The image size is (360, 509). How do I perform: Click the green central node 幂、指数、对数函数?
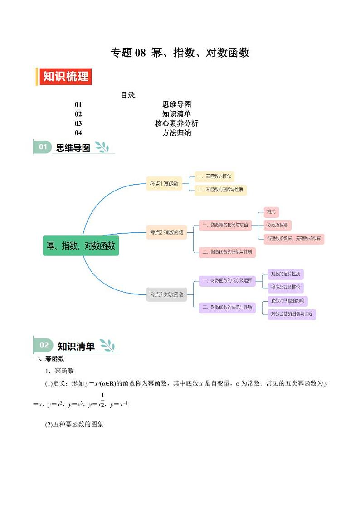click(x=81, y=245)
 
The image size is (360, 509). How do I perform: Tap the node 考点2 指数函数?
click(x=166, y=232)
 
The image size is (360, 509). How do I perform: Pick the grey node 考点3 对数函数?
click(x=166, y=294)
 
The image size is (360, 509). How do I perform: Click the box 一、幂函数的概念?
click(x=214, y=176)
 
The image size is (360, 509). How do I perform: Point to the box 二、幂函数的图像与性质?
click(x=220, y=190)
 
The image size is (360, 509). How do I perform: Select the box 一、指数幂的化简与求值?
click(x=225, y=225)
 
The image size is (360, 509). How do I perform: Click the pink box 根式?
click(x=271, y=212)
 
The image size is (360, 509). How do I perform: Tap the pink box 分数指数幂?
click(x=277, y=225)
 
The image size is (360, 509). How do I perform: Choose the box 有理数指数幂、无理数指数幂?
click(x=294, y=238)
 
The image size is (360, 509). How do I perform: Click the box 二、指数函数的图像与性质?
click(x=227, y=252)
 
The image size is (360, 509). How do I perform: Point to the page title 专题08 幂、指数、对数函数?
click(x=180, y=53)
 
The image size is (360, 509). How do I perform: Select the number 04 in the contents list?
click(x=78, y=133)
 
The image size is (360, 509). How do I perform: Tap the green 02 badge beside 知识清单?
click(x=44, y=345)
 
